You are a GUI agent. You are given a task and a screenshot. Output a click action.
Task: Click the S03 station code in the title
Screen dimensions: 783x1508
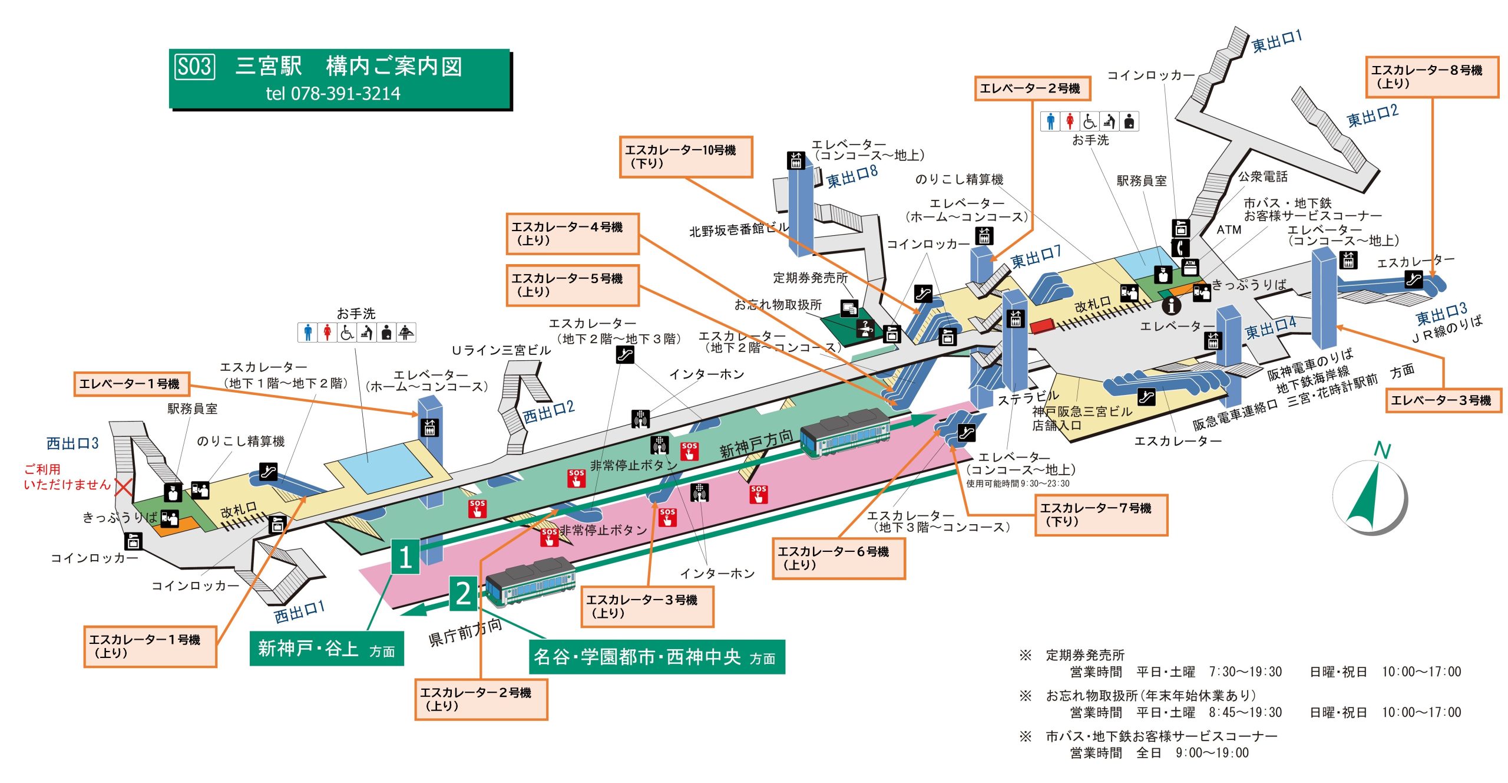tap(194, 66)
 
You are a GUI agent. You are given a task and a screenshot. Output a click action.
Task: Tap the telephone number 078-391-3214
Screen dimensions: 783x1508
tap(333, 93)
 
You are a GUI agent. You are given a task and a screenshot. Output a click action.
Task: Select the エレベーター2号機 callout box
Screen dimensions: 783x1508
tap(1032, 88)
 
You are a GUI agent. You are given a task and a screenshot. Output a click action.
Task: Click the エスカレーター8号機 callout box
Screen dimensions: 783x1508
tap(1431, 77)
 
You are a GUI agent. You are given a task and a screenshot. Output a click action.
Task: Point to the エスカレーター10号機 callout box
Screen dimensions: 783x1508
tap(686, 156)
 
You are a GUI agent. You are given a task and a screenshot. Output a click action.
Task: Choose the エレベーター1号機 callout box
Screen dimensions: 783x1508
tap(131, 384)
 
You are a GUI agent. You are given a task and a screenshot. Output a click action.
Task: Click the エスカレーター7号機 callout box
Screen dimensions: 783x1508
tap(1100, 515)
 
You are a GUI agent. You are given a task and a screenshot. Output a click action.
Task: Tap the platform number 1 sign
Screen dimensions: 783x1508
tap(405, 557)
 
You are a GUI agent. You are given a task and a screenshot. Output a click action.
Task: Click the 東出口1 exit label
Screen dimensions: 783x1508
tap(1276, 41)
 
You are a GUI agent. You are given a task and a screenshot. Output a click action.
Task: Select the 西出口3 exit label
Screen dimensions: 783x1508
tap(72, 443)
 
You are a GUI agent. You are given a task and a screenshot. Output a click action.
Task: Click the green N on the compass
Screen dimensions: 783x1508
tap(1382, 451)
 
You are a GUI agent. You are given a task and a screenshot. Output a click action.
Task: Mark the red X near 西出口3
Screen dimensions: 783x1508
tap(123, 487)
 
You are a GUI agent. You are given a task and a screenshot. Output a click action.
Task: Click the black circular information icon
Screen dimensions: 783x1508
tap(1171, 305)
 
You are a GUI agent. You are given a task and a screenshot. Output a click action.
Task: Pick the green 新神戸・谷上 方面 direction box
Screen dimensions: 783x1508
tap(326, 649)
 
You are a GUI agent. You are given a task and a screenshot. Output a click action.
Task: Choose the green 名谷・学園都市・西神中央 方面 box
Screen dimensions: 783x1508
tap(656, 657)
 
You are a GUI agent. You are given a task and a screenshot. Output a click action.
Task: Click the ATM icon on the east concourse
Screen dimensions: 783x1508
tap(1190, 267)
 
